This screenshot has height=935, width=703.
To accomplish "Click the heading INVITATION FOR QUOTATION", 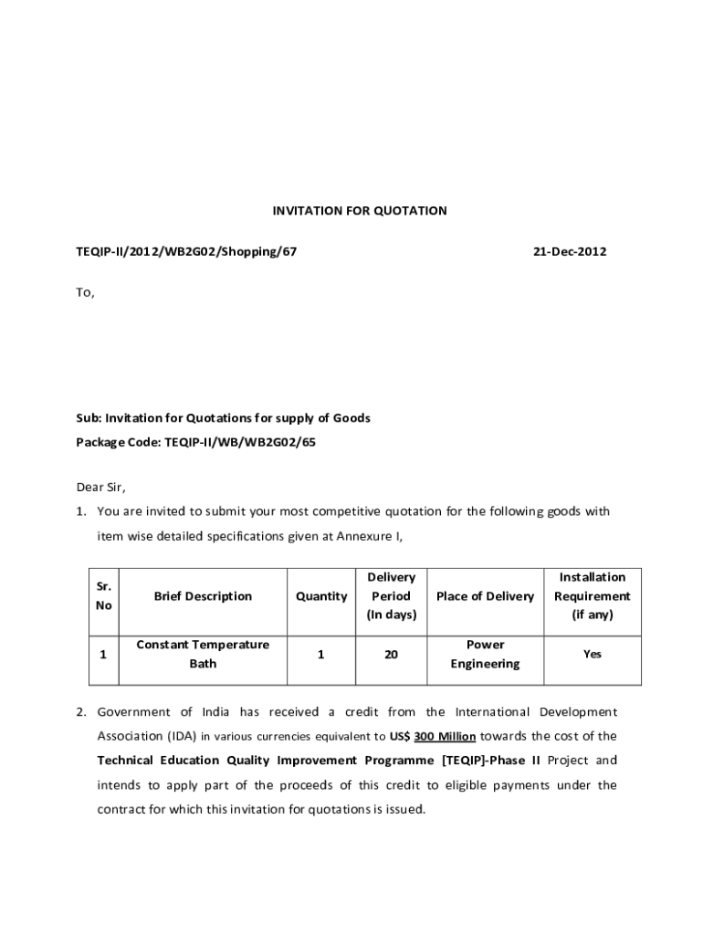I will click(360, 211).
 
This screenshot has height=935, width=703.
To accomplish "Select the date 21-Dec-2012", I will click(570, 251).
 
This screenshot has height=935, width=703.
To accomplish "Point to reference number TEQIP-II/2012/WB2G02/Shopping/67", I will click(186, 251).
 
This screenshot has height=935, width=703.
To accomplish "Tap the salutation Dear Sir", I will click(100, 487).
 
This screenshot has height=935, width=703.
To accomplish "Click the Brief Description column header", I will click(203, 596).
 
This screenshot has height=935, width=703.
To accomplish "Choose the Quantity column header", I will click(321, 596).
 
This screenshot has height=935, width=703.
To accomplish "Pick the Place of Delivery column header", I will click(485, 596).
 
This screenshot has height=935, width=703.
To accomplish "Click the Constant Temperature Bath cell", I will click(203, 654).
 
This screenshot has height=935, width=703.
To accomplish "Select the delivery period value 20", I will click(391, 655).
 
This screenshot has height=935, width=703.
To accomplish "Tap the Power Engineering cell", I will click(485, 654).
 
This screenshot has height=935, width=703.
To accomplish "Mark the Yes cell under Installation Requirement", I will click(593, 655).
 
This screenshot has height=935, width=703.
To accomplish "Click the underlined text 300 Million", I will click(445, 736).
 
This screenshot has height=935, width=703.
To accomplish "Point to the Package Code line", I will click(196, 443).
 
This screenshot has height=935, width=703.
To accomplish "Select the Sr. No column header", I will click(104, 596).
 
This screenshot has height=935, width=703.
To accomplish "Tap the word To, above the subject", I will click(85, 293).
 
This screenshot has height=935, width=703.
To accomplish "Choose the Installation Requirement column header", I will click(593, 596).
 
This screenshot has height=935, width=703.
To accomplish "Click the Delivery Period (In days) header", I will click(391, 596).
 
